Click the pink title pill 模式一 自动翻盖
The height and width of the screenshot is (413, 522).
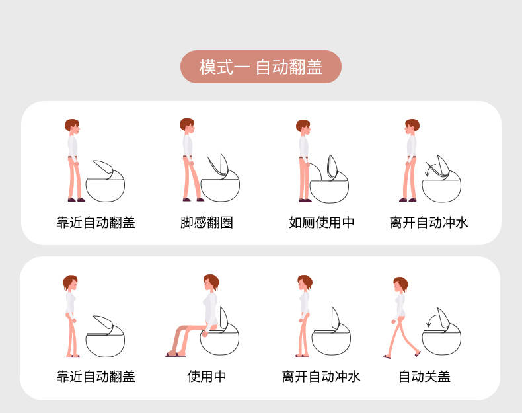click(x=260, y=67)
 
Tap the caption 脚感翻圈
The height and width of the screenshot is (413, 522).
click(x=206, y=223)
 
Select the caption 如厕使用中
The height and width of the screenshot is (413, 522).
click(x=321, y=223)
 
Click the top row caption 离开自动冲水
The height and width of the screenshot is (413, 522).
click(x=429, y=223)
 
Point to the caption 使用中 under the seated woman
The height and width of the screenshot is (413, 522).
click(x=206, y=377)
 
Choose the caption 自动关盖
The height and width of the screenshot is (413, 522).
click(x=424, y=377)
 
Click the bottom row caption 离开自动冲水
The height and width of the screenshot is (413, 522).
click(x=321, y=377)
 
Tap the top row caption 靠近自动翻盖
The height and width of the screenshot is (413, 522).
click(x=96, y=223)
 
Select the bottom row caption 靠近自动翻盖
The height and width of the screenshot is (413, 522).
click(x=96, y=377)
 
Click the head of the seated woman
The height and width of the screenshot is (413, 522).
click(x=211, y=282)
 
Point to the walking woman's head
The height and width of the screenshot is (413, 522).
click(x=400, y=285)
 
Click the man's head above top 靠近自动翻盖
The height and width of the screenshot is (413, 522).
click(x=72, y=126)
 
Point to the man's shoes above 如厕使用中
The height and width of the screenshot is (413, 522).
click(x=305, y=200)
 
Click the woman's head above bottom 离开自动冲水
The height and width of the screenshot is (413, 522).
click(x=305, y=283)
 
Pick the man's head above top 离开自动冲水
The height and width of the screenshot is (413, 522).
click(x=412, y=126)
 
